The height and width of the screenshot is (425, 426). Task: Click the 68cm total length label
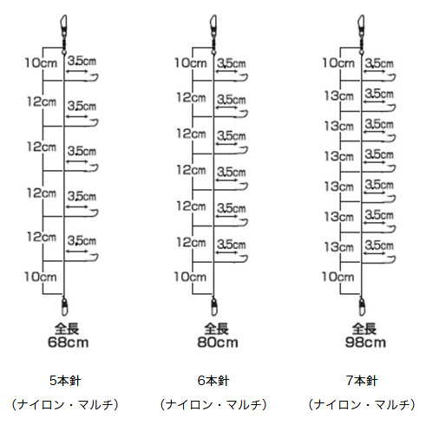pos(68,343)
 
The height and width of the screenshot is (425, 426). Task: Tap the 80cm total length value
pos(218,343)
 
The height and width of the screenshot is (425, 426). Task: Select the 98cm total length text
pos(365,343)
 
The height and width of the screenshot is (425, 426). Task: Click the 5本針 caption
pos(65,381)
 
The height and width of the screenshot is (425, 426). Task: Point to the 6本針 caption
pos(213,381)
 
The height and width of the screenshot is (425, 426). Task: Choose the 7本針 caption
pos(362,381)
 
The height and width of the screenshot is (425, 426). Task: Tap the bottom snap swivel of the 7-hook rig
pos(362,306)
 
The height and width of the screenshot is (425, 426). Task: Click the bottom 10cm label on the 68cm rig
pos(41,277)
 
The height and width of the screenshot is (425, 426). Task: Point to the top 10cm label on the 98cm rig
pos(338,62)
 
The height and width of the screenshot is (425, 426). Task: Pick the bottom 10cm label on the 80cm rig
pos(190,277)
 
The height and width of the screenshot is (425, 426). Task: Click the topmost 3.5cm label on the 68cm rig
pos(82,61)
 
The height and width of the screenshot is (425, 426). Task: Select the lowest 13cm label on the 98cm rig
pos(339,247)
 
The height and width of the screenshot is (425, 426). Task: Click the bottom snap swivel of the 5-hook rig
pos(64,306)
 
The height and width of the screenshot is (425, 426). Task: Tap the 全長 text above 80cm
pos(217,329)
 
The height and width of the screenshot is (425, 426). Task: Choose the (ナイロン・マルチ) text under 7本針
pos(362,404)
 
